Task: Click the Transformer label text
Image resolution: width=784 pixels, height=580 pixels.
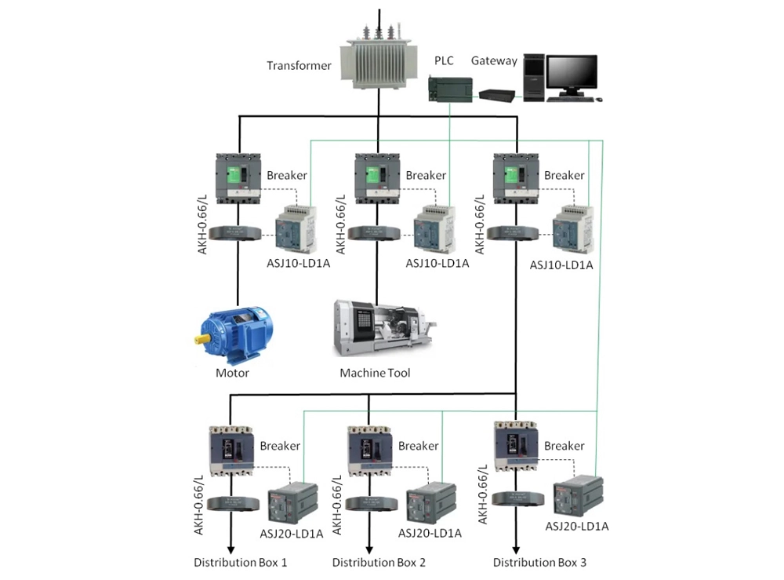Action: (x=299, y=66)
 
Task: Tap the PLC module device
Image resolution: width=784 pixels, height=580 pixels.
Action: (x=451, y=88)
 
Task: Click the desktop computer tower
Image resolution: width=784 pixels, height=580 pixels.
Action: (x=534, y=78)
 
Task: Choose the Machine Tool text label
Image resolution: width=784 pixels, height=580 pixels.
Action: (x=375, y=373)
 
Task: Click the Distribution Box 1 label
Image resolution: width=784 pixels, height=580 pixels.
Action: (x=241, y=563)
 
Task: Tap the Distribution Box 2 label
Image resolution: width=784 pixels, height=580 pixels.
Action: (x=379, y=563)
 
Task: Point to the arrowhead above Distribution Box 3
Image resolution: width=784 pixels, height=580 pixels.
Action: (x=516, y=550)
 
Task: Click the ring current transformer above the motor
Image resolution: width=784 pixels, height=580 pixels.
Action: (x=238, y=233)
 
